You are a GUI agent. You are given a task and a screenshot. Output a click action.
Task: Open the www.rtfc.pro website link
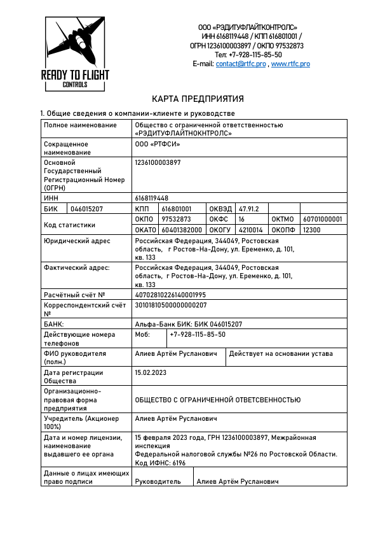pos(290,64)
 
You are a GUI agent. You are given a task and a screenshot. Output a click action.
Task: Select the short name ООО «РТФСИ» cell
pos(158,145)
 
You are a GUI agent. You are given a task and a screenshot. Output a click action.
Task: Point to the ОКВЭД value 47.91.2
pos(250,209)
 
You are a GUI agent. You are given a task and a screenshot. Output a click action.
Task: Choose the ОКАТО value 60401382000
pos(182,230)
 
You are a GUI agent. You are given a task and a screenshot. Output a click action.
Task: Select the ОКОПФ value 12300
pos(312,230)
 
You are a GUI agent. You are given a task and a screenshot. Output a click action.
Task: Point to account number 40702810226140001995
pos(171,295)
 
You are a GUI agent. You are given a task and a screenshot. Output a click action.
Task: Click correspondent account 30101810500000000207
pos(171,305)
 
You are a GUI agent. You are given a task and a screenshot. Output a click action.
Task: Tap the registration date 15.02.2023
pos(151,372)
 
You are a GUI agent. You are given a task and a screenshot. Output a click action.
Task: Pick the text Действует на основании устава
pos(280,353)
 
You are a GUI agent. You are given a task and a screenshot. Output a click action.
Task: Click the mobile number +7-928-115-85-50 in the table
pos(197,334)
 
